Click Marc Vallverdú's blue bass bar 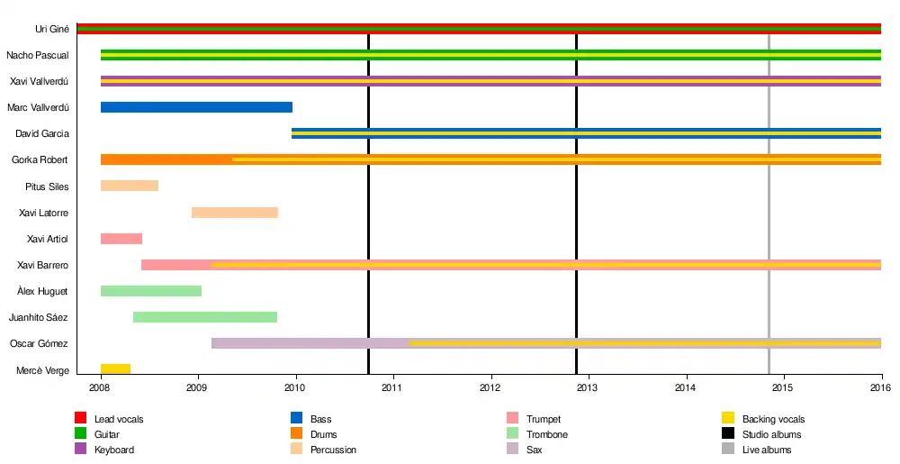pos(196,107)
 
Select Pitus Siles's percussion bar pos(130,187)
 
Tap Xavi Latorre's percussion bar pos(235,213)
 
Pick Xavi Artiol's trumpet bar pos(121,239)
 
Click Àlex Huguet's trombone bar pos(151,291)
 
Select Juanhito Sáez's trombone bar pos(205,317)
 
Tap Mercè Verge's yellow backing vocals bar pos(115,369)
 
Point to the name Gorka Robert pos(40,160)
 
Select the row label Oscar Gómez pos(40,344)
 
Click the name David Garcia pos(42,134)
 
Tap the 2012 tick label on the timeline pos(490,388)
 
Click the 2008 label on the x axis pos(100,388)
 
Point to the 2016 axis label pos(880,388)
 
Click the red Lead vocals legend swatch pos(80,419)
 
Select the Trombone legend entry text pos(546,434)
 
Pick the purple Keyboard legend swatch pos(80,450)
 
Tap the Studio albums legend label pos(771,434)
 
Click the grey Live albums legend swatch pos(728,450)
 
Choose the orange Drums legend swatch pos(296,434)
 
